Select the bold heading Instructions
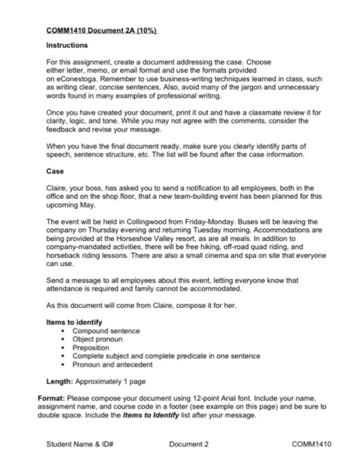pos(67,45)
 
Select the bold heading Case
pos(55,172)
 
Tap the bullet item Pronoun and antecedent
pos(110,363)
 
